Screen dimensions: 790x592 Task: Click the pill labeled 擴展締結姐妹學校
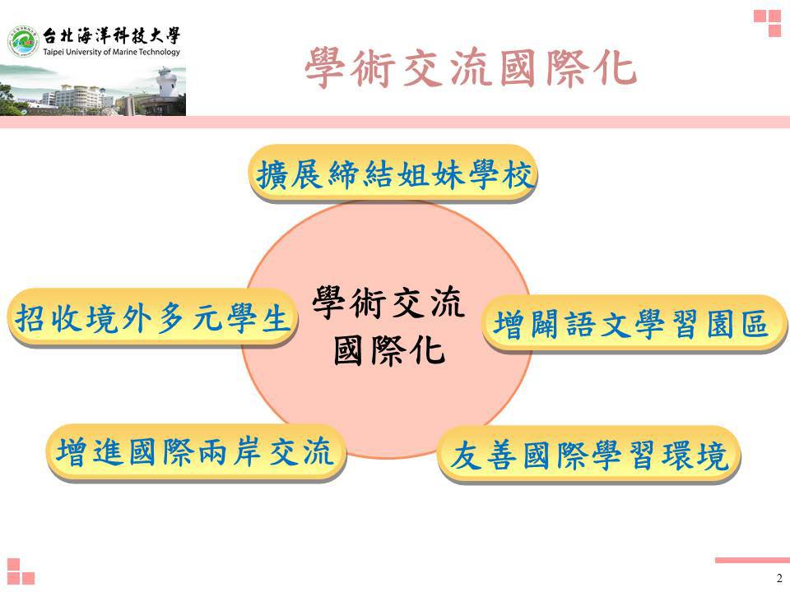[393, 174]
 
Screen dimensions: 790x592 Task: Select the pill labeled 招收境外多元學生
[153, 318]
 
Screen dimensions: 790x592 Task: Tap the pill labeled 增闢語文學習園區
[634, 324]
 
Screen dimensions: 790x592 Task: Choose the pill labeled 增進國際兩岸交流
[196, 452]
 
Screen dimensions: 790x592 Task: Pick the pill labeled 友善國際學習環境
[589, 456]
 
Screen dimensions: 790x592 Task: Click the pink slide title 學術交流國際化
[471, 68]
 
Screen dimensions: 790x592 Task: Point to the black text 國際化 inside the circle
[389, 350]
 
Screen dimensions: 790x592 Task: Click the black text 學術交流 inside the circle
[388, 303]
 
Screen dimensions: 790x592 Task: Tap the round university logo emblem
[23, 41]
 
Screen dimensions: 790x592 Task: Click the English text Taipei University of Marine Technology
[111, 52]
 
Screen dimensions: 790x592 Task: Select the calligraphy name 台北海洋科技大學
[111, 35]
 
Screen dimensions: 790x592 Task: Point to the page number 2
[779, 578]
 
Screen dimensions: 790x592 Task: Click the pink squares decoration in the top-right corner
[767, 24]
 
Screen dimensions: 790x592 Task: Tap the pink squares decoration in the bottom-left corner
[21, 572]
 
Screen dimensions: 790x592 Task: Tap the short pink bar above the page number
[752, 560]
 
